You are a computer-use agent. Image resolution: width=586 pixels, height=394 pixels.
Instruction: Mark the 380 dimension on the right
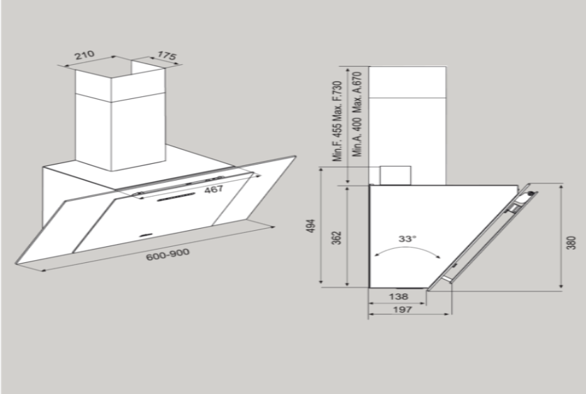[571, 241]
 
